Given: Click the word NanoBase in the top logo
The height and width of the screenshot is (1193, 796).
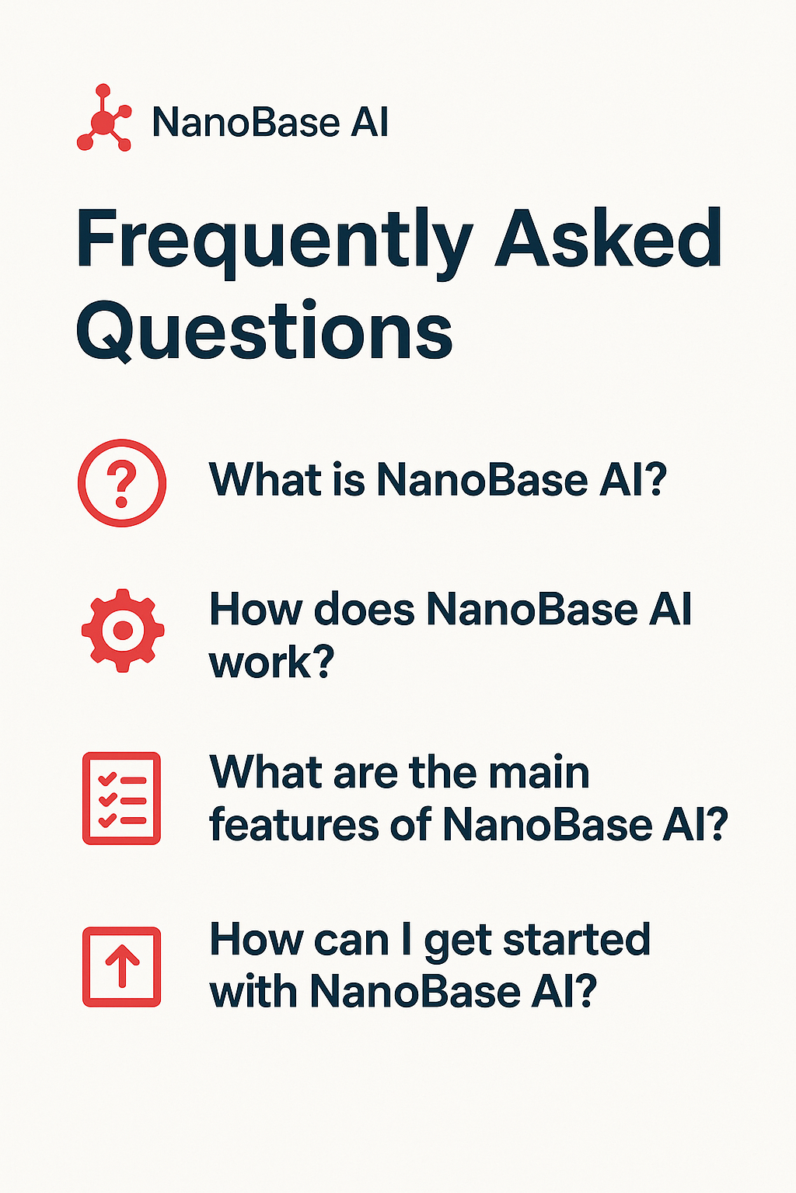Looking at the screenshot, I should (246, 123).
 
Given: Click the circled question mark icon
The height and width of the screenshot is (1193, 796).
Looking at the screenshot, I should (122, 483).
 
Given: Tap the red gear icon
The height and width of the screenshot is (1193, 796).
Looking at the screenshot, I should (123, 630).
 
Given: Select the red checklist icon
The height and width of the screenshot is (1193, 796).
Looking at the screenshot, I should (122, 798).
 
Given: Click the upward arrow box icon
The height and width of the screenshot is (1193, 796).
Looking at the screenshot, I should (122, 967).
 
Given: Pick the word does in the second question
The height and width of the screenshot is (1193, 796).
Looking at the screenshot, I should (364, 610).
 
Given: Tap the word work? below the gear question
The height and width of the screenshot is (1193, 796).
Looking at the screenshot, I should (271, 663).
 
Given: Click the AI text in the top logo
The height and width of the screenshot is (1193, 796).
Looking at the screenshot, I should (369, 123).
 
